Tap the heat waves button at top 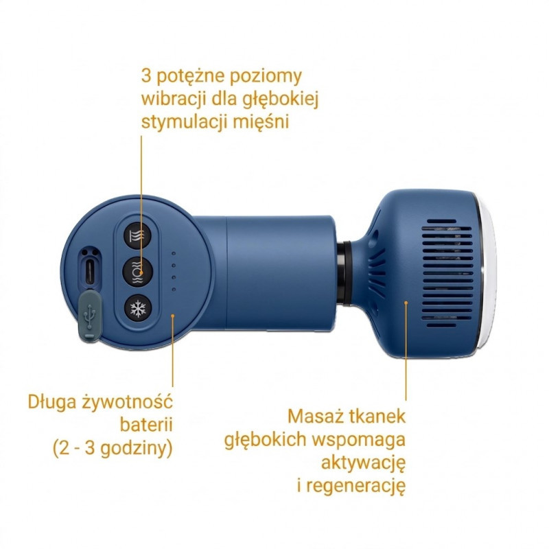[138, 235]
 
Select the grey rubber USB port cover [90, 317]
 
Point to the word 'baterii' [146, 425]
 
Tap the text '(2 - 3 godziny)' [113, 449]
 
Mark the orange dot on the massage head [406, 302]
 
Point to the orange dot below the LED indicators [173, 316]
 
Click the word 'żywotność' [127, 402]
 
